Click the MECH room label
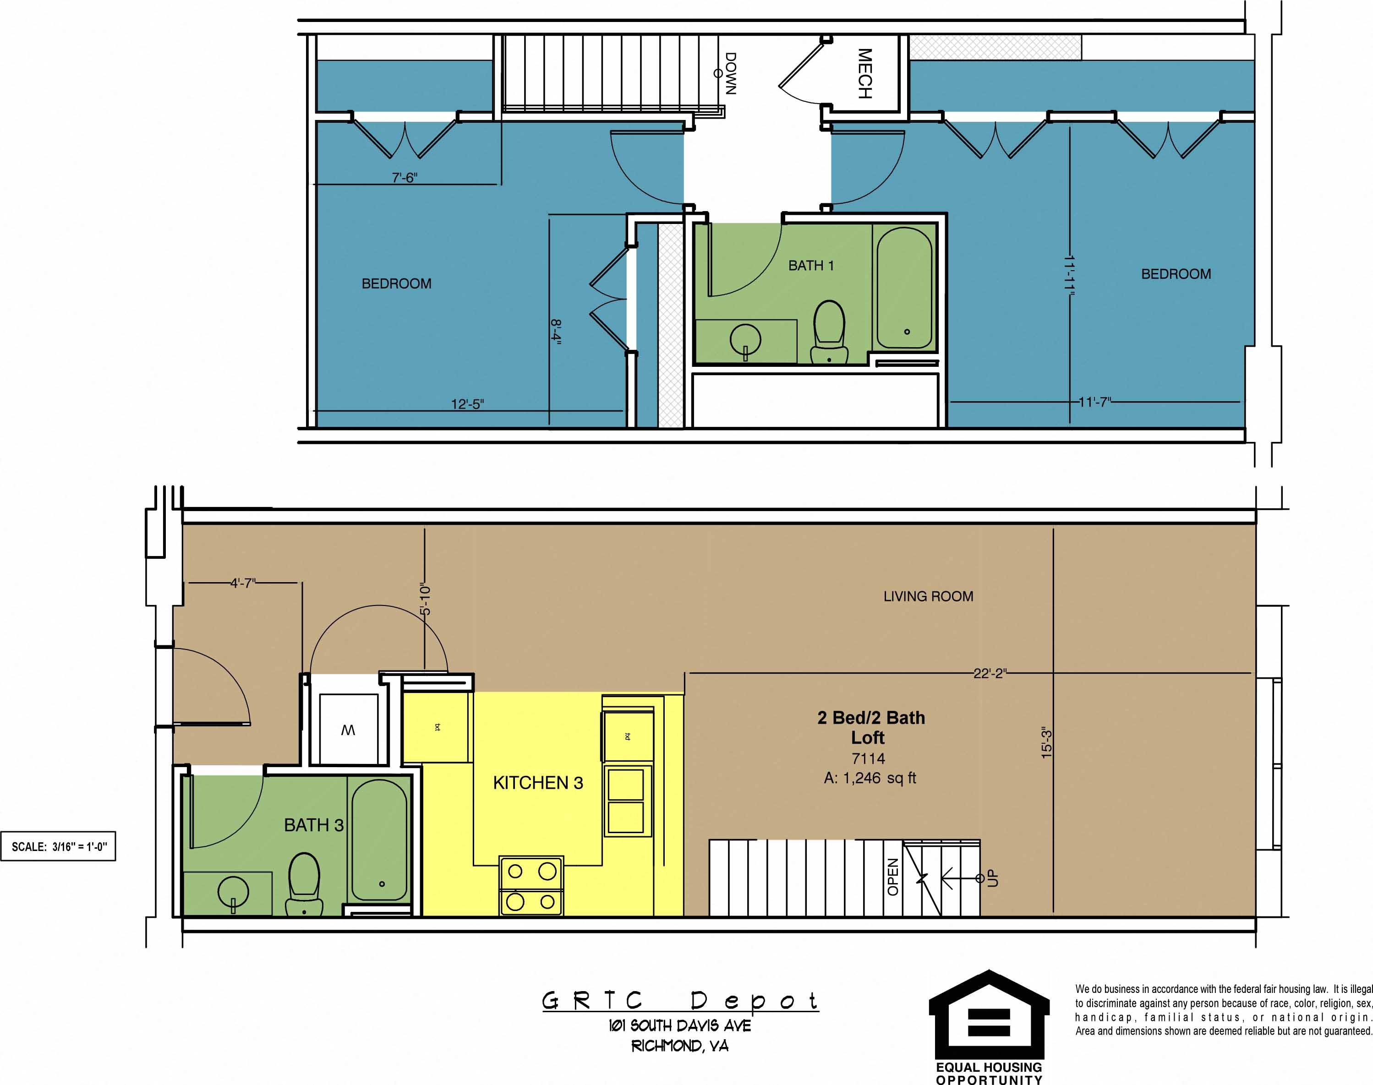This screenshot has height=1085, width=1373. [x=865, y=74]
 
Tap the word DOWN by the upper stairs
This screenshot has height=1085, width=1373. [x=731, y=74]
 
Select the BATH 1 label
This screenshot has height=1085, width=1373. [x=811, y=266]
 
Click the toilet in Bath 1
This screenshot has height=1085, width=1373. [x=829, y=332]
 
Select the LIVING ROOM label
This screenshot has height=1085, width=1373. [x=928, y=596]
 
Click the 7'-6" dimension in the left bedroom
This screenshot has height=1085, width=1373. [x=404, y=178]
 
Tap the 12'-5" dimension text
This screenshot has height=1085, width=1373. [x=468, y=404]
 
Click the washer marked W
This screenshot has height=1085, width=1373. [x=348, y=729]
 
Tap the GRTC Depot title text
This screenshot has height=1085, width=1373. [x=680, y=1001]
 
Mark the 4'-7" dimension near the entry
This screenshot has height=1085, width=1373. [x=243, y=583]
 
